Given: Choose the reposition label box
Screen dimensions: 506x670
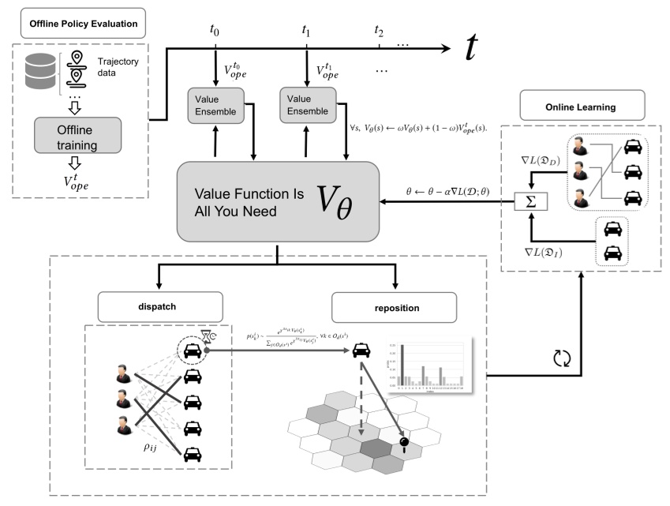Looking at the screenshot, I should tap(394, 306).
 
